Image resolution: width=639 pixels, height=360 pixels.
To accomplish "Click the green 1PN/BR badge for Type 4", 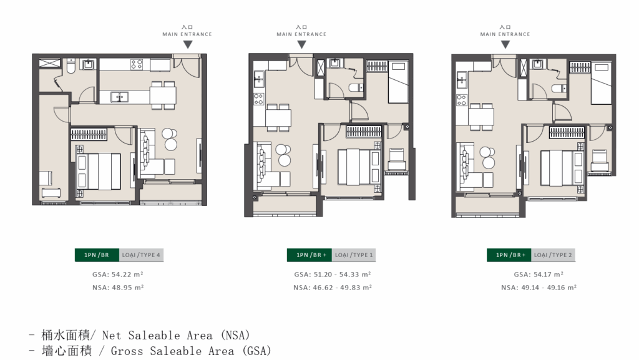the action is pos(97,255).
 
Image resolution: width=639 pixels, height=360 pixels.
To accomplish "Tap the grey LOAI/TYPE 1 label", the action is pos(354,255).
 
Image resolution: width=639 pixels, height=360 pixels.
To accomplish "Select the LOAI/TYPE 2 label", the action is pos(553,255).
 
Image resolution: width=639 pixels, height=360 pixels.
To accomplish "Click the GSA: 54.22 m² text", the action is pos(118,275).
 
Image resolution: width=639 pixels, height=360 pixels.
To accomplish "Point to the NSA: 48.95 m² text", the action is pos(118,288).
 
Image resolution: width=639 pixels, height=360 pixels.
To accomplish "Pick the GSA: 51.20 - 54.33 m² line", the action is pos(333,275).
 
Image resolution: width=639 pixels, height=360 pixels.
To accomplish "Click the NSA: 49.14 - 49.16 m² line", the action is pos(539,288).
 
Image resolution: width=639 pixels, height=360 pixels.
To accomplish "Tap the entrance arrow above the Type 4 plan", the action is pos(187,44).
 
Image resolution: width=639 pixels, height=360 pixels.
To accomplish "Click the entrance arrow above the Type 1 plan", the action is pos(301,44).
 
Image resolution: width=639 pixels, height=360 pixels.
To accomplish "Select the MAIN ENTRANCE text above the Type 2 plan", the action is pos(505,34).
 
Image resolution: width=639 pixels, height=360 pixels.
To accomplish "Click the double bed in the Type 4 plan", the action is pos(98,171).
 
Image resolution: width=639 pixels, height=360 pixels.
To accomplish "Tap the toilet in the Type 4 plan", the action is pos(71,66).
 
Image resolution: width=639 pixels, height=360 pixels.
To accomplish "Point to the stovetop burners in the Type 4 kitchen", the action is pos(137,64).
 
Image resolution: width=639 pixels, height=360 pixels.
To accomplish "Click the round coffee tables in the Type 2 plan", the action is pos(487,157).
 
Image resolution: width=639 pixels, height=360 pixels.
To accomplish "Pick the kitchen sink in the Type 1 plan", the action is pos(258,79).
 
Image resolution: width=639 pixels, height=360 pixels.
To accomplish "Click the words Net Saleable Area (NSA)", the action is pos(175,335).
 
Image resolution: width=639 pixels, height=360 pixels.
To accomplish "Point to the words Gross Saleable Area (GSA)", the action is pos(191,351).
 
